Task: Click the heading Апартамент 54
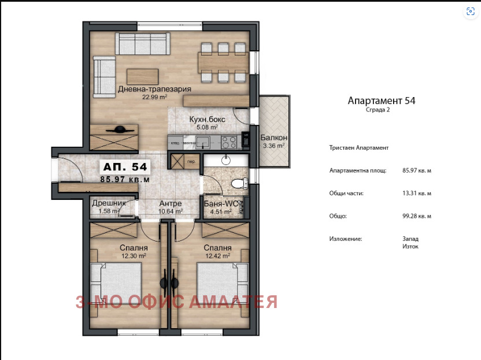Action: click(381, 101)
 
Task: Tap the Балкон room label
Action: click(273, 138)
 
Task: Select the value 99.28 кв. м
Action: click(417, 216)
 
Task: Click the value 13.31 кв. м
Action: click(417, 194)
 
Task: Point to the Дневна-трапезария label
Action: click(154, 90)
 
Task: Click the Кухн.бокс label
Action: click(207, 120)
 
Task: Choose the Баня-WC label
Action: click(220, 203)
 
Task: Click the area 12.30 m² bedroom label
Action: click(133, 255)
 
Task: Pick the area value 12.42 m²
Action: click(217, 255)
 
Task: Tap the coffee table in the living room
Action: click(142, 76)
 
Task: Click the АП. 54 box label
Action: click(125, 167)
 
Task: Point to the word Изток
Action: click(410, 246)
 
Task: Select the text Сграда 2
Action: click(378, 110)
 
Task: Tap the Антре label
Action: click(171, 203)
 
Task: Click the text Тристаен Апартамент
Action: click(359, 148)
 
